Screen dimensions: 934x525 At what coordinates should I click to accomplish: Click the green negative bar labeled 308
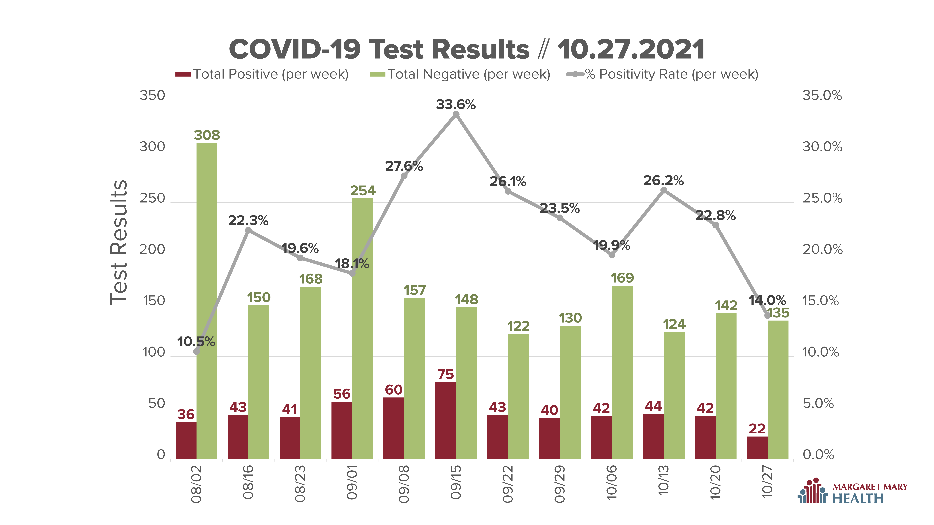coord(207,301)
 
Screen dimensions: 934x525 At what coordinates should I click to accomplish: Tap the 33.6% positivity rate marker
coord(456,115)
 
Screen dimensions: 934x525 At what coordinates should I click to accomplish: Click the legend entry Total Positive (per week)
coord(262,74)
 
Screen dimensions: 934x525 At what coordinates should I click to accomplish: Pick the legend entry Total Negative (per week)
coord(460,74)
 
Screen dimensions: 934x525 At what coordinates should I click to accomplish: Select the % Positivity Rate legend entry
coord(662,74)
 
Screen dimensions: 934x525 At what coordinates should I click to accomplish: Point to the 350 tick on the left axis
coord(152,96)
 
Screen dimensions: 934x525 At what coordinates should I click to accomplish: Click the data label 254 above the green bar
coord(363,191)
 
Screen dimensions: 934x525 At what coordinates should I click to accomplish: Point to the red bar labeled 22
coord(757,448)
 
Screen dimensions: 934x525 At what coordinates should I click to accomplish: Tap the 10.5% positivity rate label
coord(196,342)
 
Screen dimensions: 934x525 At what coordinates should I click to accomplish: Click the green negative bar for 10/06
coord(622,372)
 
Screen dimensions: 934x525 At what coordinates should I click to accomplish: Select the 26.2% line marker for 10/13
coord(664,190)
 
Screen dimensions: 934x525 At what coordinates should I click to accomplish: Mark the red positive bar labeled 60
coord(394,428)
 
